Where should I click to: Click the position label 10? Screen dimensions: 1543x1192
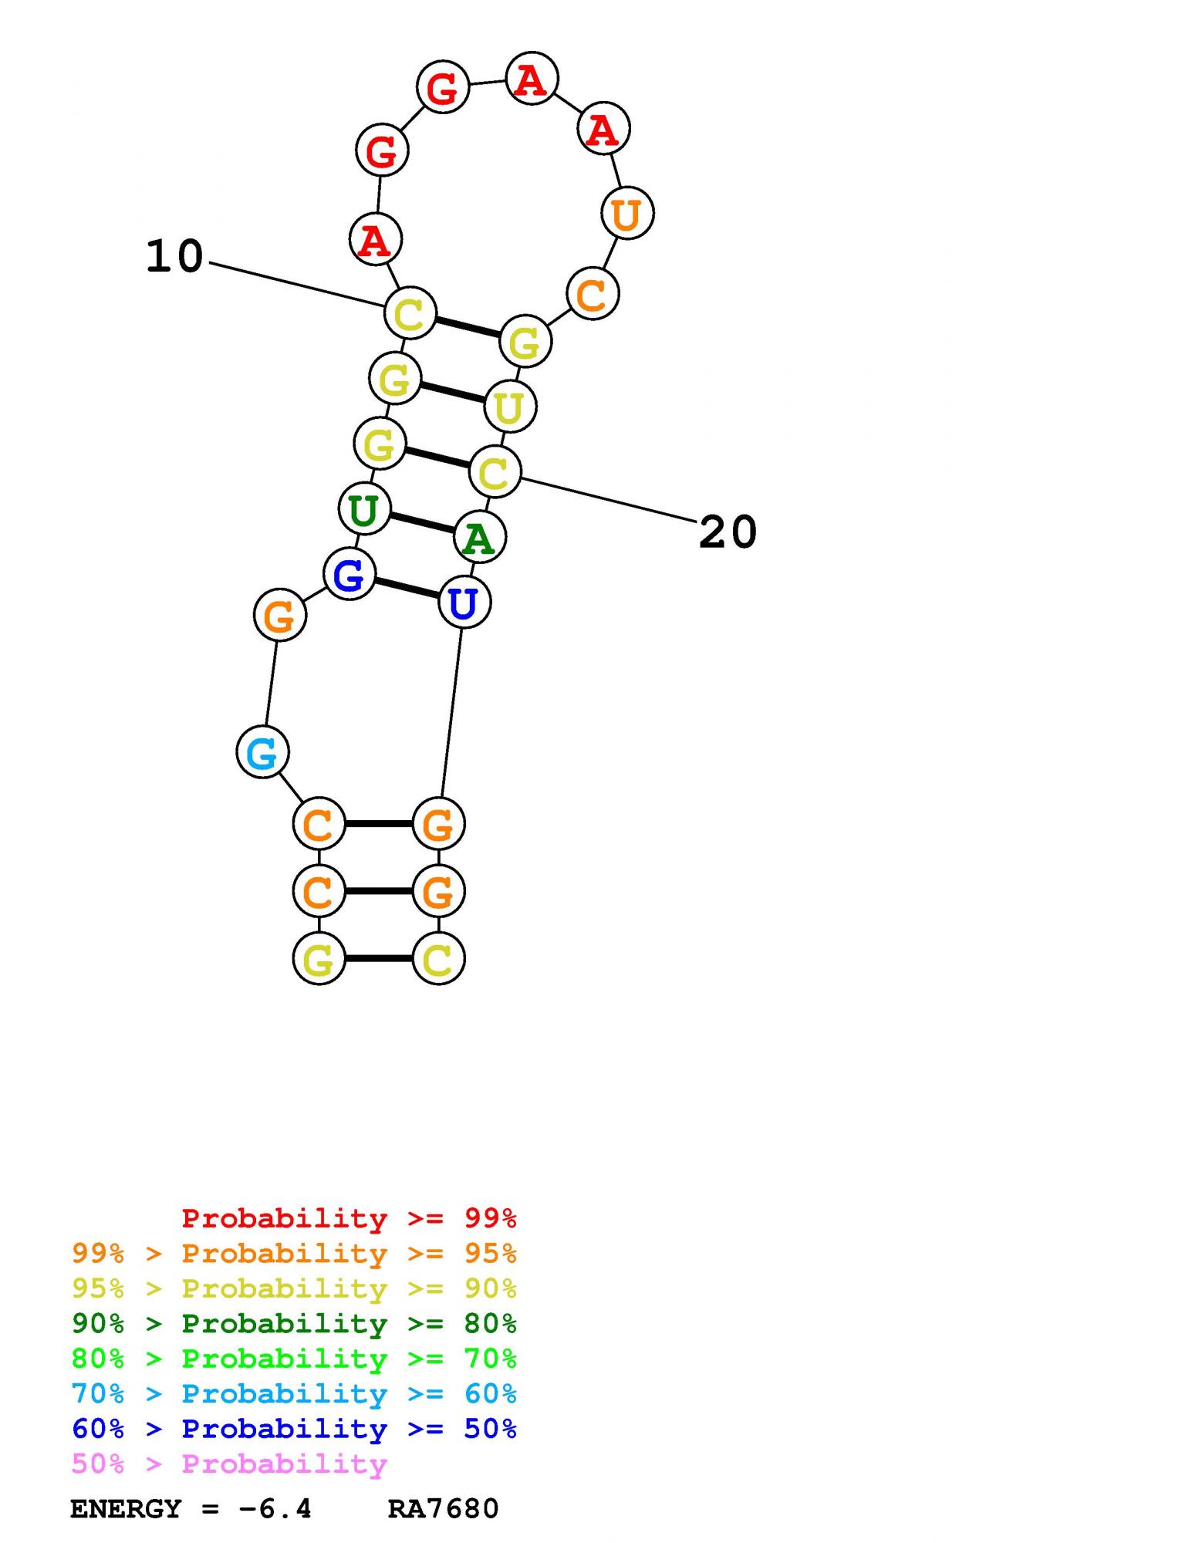point(174,256)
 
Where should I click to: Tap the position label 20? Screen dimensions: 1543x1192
point(728,532)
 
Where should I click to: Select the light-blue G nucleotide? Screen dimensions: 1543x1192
point(262,752)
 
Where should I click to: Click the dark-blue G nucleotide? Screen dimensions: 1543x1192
point(349,575)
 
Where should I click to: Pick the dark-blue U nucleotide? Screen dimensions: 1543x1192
point(464,603)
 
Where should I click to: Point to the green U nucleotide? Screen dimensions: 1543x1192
point(363,509)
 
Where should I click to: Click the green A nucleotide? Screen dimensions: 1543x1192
point(479,538)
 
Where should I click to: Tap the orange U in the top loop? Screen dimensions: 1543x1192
point(626,214)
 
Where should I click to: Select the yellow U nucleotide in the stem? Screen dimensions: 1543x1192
point(509,407)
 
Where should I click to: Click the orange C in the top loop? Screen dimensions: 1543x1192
point(592,294)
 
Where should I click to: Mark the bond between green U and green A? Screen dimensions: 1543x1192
point(421,523)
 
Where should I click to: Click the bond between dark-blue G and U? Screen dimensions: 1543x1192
point(406,589)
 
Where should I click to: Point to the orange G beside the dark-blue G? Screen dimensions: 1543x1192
point(279,615)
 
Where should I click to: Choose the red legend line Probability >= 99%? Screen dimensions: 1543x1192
point(349,1218)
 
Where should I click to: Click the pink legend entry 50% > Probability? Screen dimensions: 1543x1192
point(229,1464)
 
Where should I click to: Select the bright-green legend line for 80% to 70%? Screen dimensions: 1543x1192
point(294,1359)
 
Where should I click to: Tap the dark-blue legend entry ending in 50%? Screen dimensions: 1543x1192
point(294,1429)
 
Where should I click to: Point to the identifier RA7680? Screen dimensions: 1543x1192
point(443,1508)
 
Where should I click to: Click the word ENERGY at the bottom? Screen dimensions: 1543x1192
point(125,1508)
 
